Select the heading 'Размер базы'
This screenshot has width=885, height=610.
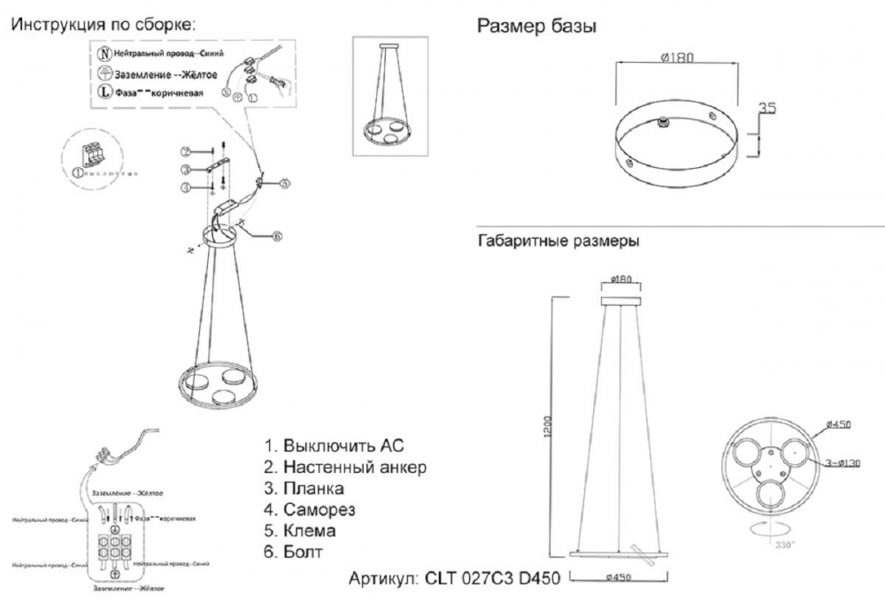(536, 27)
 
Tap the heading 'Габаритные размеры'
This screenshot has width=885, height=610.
(558, 240)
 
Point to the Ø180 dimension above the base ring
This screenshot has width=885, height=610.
(676, 58)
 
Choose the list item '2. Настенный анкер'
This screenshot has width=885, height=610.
(346, 467)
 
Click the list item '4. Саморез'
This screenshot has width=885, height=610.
(310, 510)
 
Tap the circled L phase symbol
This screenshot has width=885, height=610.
(104, 91)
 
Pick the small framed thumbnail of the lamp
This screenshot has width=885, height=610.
(390, 96)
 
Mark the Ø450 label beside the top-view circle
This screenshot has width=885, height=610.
(836, 425)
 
